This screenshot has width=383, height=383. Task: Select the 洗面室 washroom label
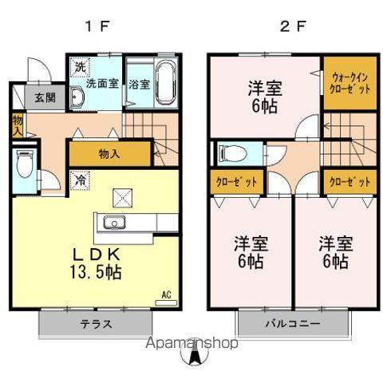click(101, 81)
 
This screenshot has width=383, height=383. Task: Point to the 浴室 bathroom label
click(139, 82)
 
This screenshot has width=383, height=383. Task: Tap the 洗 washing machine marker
click(79, 67)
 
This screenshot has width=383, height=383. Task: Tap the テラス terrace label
click(95, 325)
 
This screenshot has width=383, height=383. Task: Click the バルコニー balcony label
click(292, 325)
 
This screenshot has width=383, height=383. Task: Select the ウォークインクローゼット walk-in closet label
click(349, 83)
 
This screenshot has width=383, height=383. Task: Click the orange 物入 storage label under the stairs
click(109, 153)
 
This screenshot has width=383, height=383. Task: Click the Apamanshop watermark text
click(191, 345)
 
